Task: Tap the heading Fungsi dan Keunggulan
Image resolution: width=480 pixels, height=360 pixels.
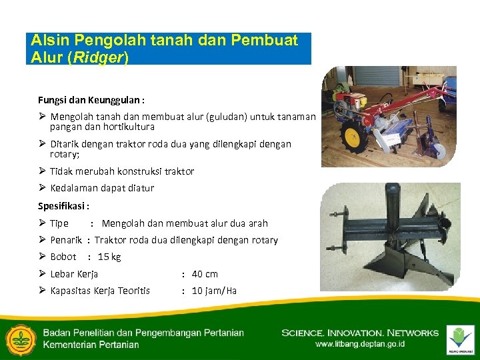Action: [x=91, y=100]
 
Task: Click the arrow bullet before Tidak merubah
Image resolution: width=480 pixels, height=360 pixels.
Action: [x=42, y=171]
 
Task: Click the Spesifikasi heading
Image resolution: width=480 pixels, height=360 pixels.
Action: [x=63, y=206]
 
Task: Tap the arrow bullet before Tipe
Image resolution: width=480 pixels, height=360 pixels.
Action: [x=42, y=223]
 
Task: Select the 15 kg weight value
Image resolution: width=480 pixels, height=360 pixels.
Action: [x=109, y=257]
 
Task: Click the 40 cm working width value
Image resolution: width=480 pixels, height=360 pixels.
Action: [x=205, y=274]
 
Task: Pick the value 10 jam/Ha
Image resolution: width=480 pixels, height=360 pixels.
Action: [x=214, y=291]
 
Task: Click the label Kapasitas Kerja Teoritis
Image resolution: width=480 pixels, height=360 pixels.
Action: [x=100, y=291]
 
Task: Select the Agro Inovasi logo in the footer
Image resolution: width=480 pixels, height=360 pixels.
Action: [x=461, y=339]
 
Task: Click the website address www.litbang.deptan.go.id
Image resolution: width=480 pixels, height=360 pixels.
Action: [x=359, y=345]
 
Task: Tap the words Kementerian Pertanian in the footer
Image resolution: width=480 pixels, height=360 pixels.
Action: [x=91, y=345]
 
